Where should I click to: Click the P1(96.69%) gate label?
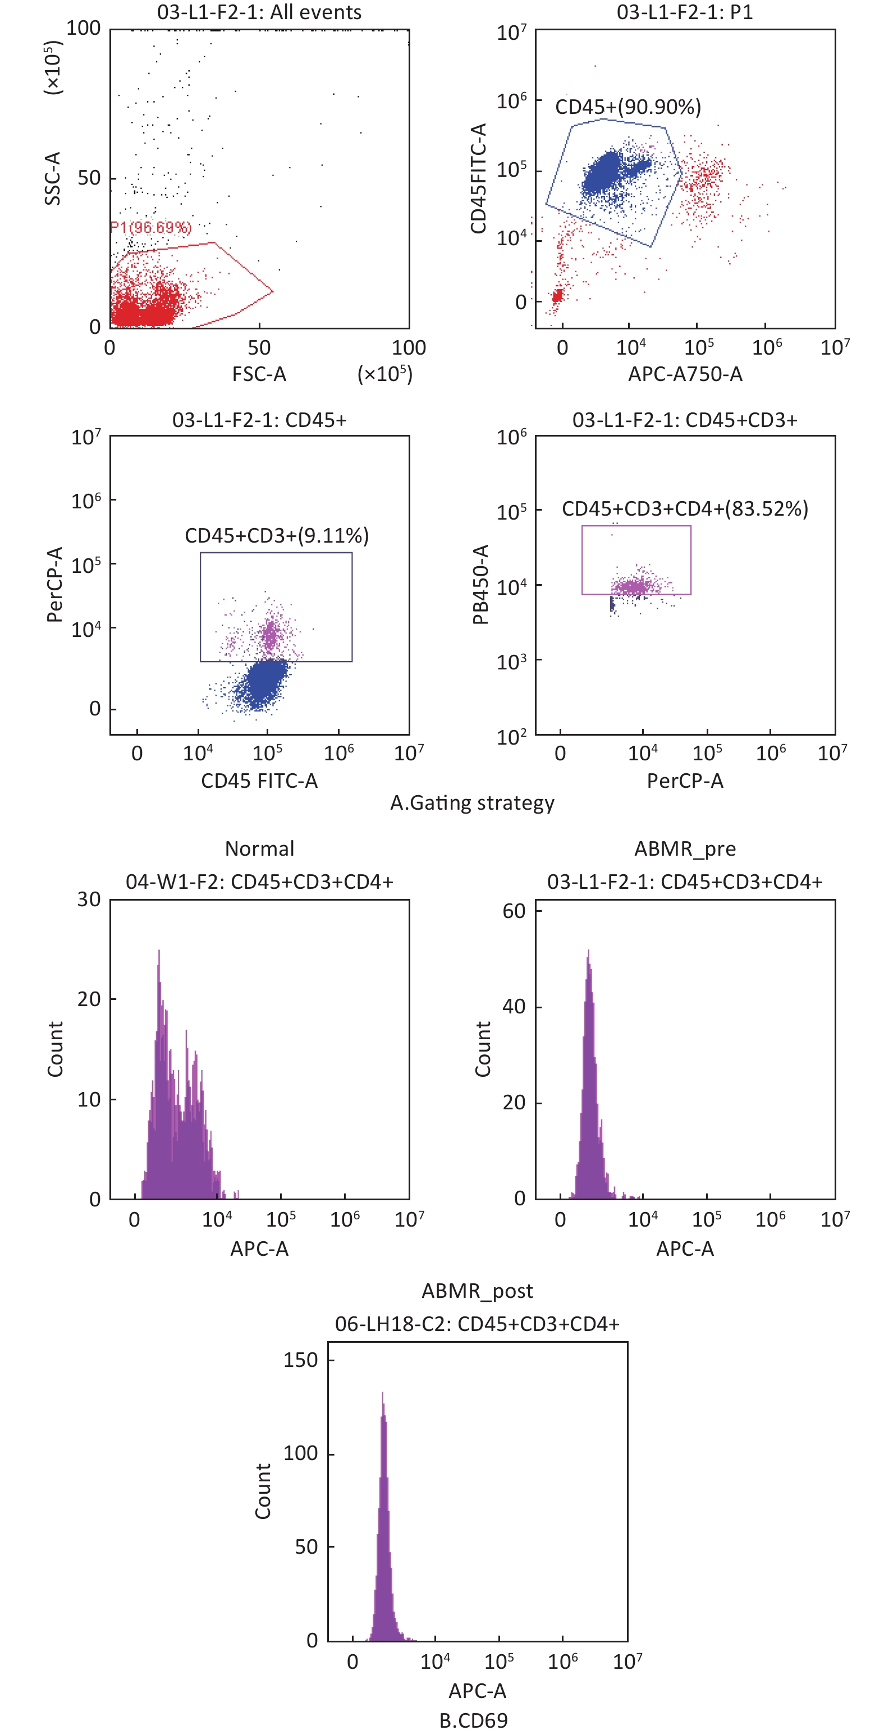[x=151, y=227]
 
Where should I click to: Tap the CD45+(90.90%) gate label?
[x=627, y=107]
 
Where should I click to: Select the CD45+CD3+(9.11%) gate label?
[x=277, y=535]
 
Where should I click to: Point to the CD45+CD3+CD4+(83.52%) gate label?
[x=685, y=508]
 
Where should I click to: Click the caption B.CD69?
[x=473, y=1721]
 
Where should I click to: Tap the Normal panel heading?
[x=259, y=848]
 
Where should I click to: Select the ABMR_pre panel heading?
[x=685, y=848]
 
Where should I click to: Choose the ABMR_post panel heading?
[x=477, y=1291]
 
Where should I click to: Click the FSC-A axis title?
[x=259, y=374]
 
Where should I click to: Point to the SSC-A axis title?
[x=53, y=178]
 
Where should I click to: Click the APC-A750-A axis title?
[x=685, y=374]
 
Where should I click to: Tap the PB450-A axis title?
[x=480, y=585]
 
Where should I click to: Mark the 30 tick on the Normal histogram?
[x=89, y=900]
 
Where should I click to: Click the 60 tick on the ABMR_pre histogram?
[x=514, y=911]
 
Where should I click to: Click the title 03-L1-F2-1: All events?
[x=259, y=12]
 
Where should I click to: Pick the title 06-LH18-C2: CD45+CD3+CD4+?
[x=477, y=1324]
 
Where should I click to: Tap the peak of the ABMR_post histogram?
[x=383, y=1393]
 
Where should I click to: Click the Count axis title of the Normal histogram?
[x=55, y=1049]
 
